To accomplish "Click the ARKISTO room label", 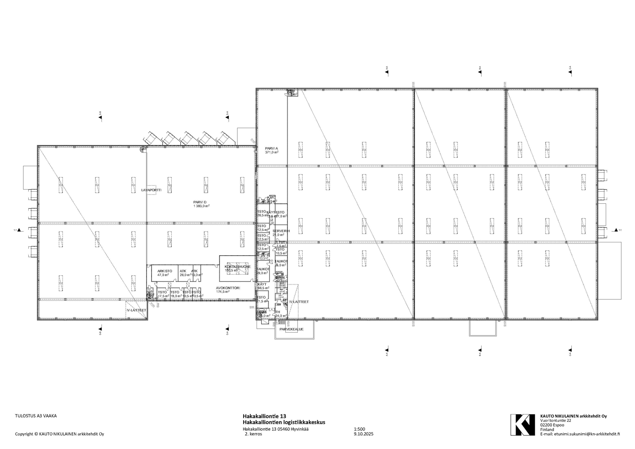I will coord(165,271).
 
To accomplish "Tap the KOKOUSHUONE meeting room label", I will coord(237,266).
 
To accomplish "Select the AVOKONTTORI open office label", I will coord(226,288).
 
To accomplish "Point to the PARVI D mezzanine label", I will coord(200,202).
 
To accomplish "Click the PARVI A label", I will coord(272,148).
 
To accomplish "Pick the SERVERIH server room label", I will coord(281,231).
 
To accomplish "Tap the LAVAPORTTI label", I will coord(151,190).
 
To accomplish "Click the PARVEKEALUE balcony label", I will coord(292,329).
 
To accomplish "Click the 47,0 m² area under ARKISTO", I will coord(163,275).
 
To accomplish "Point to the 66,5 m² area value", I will coord(263,288).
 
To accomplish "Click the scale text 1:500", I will coord(359,429).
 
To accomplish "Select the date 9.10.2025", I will coord(364,434).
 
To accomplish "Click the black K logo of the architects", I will coord(523,424).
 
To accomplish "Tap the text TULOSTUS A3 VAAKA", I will coord(36,415).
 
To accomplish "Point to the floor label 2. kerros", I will coord(254,434).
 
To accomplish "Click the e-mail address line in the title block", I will coord(580,434).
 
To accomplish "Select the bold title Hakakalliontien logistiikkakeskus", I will coord(284,422).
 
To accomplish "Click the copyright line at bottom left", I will coord(59,434).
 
